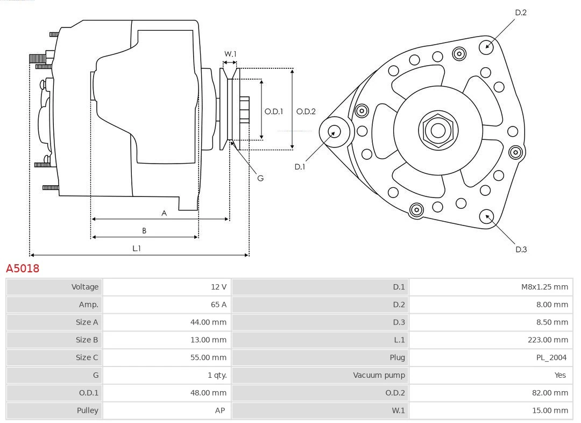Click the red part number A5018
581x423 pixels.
click(23, 268)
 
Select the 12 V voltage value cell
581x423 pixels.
click(218, 287)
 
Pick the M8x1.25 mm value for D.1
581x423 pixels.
click(544, 287)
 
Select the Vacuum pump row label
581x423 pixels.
click(379, 375)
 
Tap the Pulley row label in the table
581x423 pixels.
click(87, 410)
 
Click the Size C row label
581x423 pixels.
click(87, 357)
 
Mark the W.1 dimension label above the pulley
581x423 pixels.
click(230, 54)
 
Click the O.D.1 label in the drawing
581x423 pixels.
click(274, 111)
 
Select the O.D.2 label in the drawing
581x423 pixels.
click(306, 111)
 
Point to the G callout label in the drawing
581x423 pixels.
click(260, 178)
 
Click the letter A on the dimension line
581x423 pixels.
click(164, 213)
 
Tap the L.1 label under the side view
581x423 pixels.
click(137, 248)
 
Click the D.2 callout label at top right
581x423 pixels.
click(521, 12)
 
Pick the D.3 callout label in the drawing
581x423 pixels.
click(521, 249)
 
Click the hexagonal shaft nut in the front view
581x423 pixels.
click(438, 130)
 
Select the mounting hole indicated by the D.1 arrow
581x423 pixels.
click(334, 131)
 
